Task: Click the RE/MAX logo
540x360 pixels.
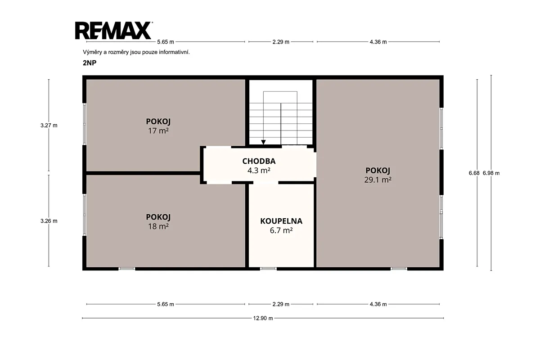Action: (x=114, y=31)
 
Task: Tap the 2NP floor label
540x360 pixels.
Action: (x=90, y=63)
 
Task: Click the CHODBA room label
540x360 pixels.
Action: (x=259, y=161)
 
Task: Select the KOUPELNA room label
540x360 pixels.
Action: (x=281, y=221)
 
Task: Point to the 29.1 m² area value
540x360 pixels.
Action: (x=378, y=180)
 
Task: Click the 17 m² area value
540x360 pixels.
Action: (x=158, y=131)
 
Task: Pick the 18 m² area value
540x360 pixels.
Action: (x=158, y=226)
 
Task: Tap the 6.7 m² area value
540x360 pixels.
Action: (x=281, y=230)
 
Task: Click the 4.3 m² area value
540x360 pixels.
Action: (x=259, y=171)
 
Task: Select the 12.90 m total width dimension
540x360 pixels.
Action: (x=263, y=318)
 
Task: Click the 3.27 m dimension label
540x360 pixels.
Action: (x=49, y=126)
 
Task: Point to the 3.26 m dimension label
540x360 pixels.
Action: (x=49, y=221)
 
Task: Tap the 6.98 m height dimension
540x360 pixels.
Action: (x=491, y=173)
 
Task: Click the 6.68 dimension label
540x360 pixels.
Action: (x=474, y=173)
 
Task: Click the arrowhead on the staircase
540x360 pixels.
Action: (x=264, y=142)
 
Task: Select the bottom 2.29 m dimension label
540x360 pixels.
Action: (x=281, y=304)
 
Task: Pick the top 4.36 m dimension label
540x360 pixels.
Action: (x=378, y=42)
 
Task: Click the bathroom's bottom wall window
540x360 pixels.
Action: (x=268, y=269)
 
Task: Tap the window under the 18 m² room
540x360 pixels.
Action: (x=127, y=269)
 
